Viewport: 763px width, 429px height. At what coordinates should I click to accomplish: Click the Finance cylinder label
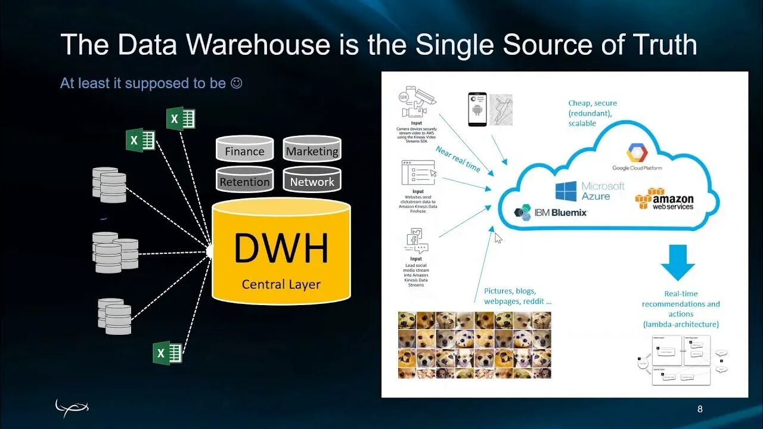tap(244, 151)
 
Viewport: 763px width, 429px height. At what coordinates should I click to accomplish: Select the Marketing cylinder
tap(312, 151)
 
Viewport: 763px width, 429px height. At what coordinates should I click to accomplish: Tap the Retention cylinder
tap(244, 182)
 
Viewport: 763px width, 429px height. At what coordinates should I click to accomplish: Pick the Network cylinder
tap(312, 182)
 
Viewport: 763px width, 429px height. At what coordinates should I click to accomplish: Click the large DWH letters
tap(281, 249)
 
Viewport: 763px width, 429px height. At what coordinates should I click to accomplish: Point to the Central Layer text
tap(281, 284)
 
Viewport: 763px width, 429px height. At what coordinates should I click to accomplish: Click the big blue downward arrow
tap(678, 262)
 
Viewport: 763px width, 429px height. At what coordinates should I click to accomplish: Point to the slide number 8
tap(700, 409)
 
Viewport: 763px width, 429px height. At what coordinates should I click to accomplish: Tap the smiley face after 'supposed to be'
tap(236, 83)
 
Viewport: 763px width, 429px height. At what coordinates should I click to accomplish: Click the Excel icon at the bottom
tap(168, 353)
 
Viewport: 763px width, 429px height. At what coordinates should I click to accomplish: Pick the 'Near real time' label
tap(457, 158)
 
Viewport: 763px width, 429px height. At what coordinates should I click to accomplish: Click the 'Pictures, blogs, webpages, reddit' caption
tap(517, 296)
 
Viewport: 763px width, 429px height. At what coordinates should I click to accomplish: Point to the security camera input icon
tap(415, 105)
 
